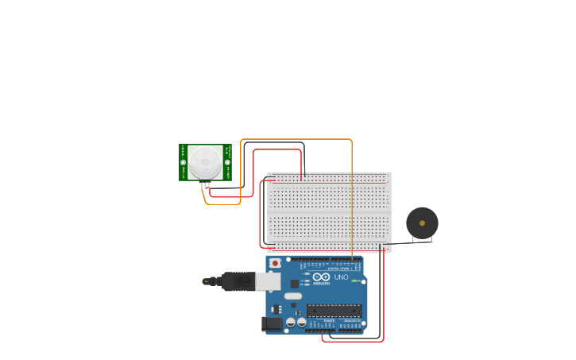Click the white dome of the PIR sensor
pyautogui.click(x=205, y=162)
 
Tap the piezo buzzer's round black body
pyautogui.click(x=422, y=223)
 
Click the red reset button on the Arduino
pyautogui.click(x=275, y=263)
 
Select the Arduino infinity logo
pyautogui.click(x=321, y=277)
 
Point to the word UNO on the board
pyautogui.click(x=341, y=277)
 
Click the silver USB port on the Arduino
pyautogui.click(x=269, y=281)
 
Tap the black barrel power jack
pyautogui.click(x=272, y=323)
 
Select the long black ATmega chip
pyautogui.click(x=334, y=310)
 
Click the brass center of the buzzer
pyautogui.click(x=422, y=223)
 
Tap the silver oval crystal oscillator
pyautogui.click(x=293, y=296)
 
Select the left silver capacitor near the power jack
pyautogui.click(x=291, y=323)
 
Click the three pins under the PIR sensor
pyautogui.click(x=206, y=185)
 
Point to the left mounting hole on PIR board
pyautogui.click(x=184, y=162)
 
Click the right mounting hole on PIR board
pyautogui.click(x=227, y=162)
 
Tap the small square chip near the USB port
pyautogui.click(x=294, y=283)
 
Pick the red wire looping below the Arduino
pyautogui.click(x=353, y=342)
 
